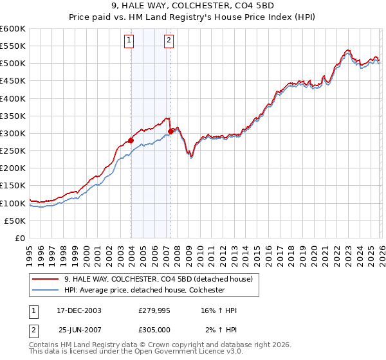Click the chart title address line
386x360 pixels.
click(x=192, y=5)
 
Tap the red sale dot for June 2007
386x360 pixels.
click(x=171, y=131)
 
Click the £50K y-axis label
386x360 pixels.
click(x=15, y=221)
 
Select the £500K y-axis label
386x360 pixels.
click(x=13, y=64)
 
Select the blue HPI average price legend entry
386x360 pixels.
click(x=143, y=290)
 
